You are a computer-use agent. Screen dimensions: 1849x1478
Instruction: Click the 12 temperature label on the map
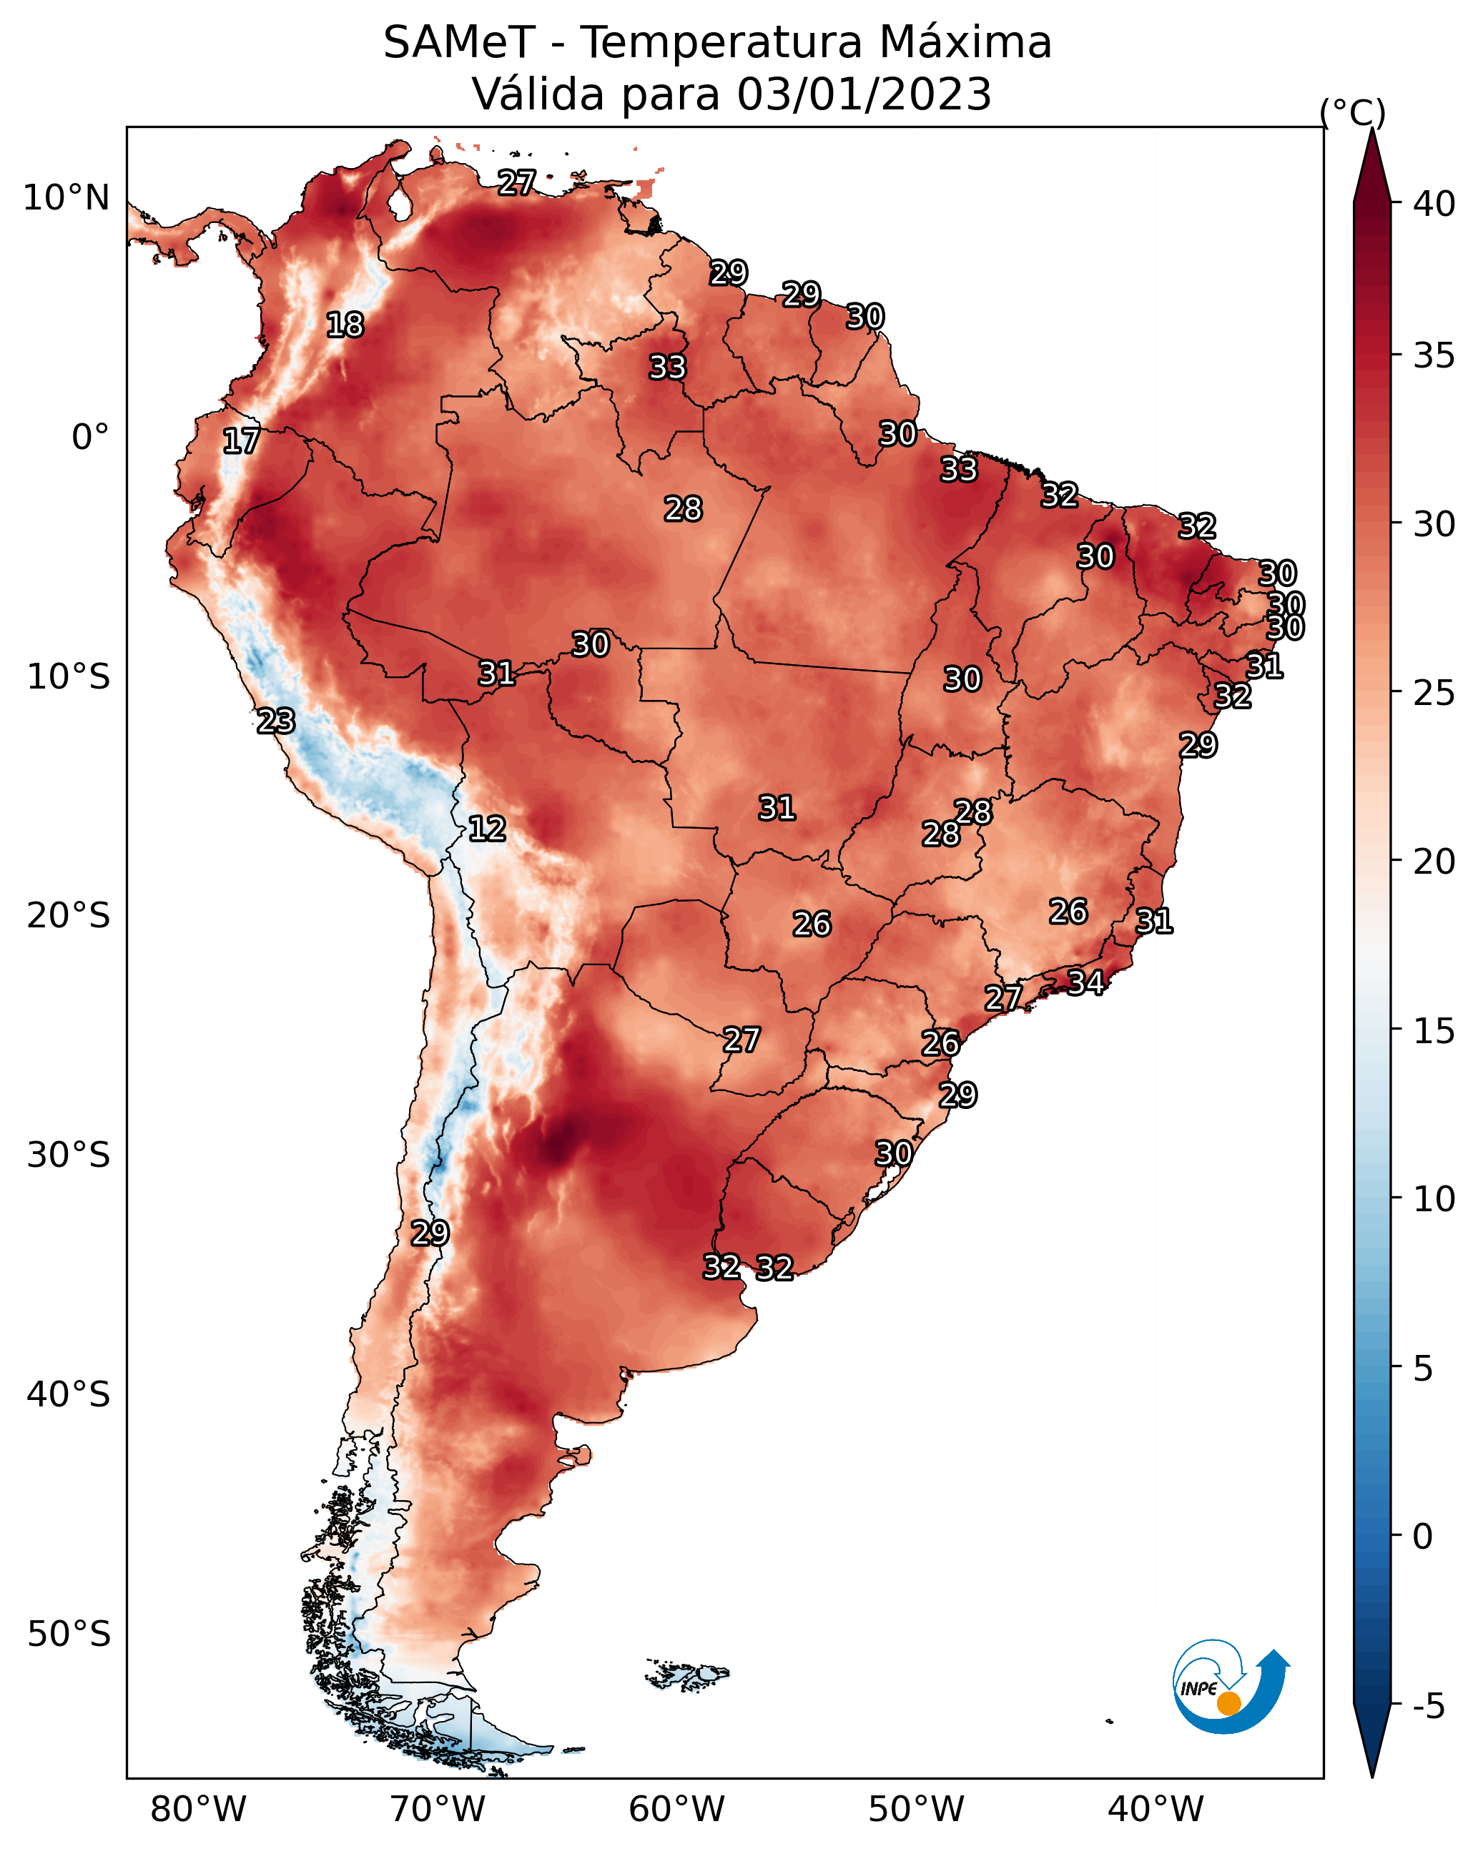(x=487, y=829)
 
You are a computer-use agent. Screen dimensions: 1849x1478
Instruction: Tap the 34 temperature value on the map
(x=1085, y=982)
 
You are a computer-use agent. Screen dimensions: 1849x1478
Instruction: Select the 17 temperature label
(x=241, y=441)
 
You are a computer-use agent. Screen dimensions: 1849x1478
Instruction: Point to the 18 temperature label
(x=345, y=325)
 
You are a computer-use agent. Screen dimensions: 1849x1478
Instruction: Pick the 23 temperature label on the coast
(x=276, y=721)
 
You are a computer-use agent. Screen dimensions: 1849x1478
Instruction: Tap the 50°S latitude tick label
(x=69, y=1634)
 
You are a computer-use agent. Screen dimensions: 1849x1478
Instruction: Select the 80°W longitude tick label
(x=198, y=1810)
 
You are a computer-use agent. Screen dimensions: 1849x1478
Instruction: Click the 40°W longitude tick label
(x=1156, y=1810)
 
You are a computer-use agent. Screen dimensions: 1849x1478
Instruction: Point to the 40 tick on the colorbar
(x=1434, y=204)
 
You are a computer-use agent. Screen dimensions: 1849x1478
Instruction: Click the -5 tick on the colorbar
(x=1428, y=1706)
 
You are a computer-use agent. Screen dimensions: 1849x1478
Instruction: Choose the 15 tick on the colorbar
(x=1434, y=1031)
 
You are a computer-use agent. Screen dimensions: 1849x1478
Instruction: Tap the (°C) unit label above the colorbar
(x=1352, y=112)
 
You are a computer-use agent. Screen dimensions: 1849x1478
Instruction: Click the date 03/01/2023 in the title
(x=864, y=94)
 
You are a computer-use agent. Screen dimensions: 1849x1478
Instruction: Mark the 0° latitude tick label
(x=90, y=438)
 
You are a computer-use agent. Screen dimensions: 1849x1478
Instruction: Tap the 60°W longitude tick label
(x=677, y=1810)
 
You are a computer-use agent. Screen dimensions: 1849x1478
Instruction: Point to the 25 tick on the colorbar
(x=1434, y=693)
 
